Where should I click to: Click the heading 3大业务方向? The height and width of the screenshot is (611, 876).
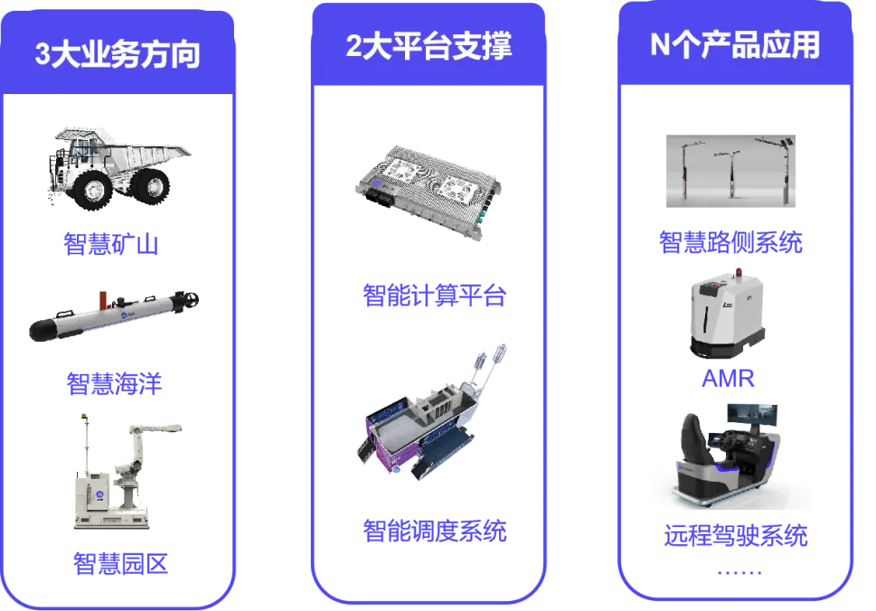[x=118, y=54]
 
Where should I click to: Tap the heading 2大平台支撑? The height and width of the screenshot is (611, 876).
[x=429, y=46]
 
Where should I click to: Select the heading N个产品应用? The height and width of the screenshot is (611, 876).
[x=735, y=44]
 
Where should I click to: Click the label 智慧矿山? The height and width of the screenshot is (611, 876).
[x=111, y=244]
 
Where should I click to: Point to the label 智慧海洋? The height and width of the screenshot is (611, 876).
[x=114, y=384]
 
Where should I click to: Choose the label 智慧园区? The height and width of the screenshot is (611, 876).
[x=120, y=563]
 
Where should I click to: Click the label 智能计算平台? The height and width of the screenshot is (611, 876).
[x=435, y=295]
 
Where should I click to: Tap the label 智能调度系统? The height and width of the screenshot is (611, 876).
[x=435, y=531]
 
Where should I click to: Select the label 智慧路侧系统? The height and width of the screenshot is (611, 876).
[x=730, y=242]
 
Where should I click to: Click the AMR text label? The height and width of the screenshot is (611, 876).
[x=728, y=379]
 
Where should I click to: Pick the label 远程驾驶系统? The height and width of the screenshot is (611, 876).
[x=736, y=536]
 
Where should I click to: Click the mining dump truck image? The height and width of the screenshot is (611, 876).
[x=118, y=167]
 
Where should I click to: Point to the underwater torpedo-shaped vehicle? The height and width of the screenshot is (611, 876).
[x=114, y=315]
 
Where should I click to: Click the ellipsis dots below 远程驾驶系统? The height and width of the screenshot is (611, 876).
[x=739, y=572]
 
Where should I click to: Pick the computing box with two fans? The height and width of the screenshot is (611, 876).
[x=428, y=193]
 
